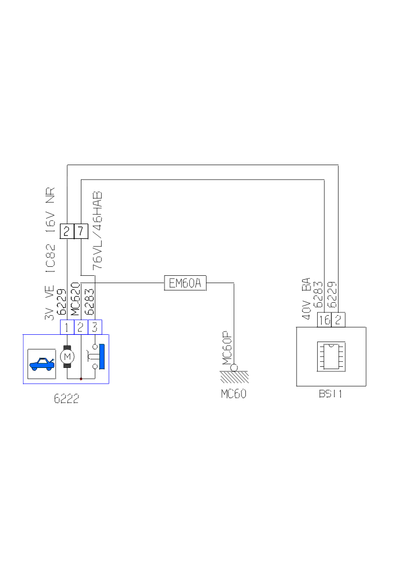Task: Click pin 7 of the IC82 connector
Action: [81, 230]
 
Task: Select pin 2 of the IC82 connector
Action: [67, 230]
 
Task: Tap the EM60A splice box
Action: [185, 283]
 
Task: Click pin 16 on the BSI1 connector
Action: [324, 320]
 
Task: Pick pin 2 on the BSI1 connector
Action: [338, 320]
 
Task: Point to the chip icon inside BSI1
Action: [331, 357]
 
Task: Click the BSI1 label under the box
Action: [331, 394]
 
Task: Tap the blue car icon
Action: [42, 364]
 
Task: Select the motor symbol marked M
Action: [67, 357]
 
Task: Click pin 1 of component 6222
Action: [67, 327]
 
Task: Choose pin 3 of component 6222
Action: [95, 327]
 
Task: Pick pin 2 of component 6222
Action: [81, 327]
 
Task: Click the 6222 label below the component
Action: [66, 399]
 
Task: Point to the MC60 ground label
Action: [234, 394]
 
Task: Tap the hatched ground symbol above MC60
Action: [234, 376]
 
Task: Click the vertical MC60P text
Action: [227, 348]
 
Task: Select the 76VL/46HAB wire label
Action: [98, 231]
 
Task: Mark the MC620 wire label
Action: [75, 301]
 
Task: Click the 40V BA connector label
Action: [307, 298]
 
